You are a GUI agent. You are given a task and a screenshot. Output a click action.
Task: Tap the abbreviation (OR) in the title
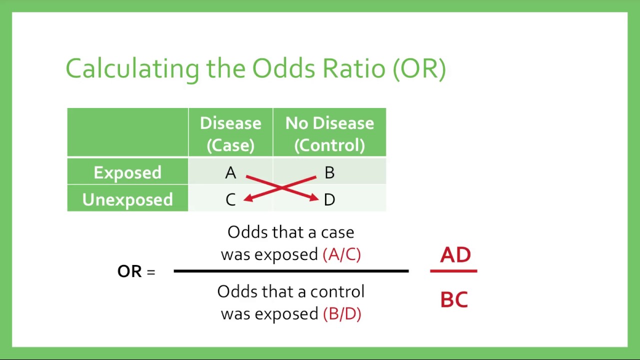click(419, 69)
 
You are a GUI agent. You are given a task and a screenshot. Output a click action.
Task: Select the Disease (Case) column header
click(230, 133)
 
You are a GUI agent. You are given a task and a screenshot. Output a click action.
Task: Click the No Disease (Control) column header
click(329, 133)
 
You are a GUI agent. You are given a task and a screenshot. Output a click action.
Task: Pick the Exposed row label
click(127, 172)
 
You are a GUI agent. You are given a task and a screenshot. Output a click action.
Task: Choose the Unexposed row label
click(127, 199)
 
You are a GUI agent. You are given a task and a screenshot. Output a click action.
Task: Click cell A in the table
click(230, 173)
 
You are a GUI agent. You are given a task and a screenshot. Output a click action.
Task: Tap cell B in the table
click(329, 173)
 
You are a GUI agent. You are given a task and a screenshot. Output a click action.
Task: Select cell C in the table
click(230, 200)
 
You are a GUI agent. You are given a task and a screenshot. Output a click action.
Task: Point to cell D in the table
click(329, 200)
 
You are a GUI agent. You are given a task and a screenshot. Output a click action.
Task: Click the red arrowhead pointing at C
click(247, 198)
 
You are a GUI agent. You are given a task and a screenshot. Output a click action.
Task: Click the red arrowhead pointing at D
click(314, 198)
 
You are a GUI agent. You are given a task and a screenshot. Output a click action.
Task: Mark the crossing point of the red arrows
click(281, 187)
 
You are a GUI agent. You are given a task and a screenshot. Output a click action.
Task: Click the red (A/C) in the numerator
click(342, 254)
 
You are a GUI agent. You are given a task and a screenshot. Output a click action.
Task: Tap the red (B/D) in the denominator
click(342, 314)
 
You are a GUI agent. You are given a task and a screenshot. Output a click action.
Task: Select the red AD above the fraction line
click(455, 255)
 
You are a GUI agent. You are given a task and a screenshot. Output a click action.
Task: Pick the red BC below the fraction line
click(454, 300)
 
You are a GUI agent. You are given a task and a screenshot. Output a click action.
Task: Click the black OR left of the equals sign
click(129, 271)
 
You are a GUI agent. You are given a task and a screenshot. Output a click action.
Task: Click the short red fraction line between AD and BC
click(453, 271)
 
